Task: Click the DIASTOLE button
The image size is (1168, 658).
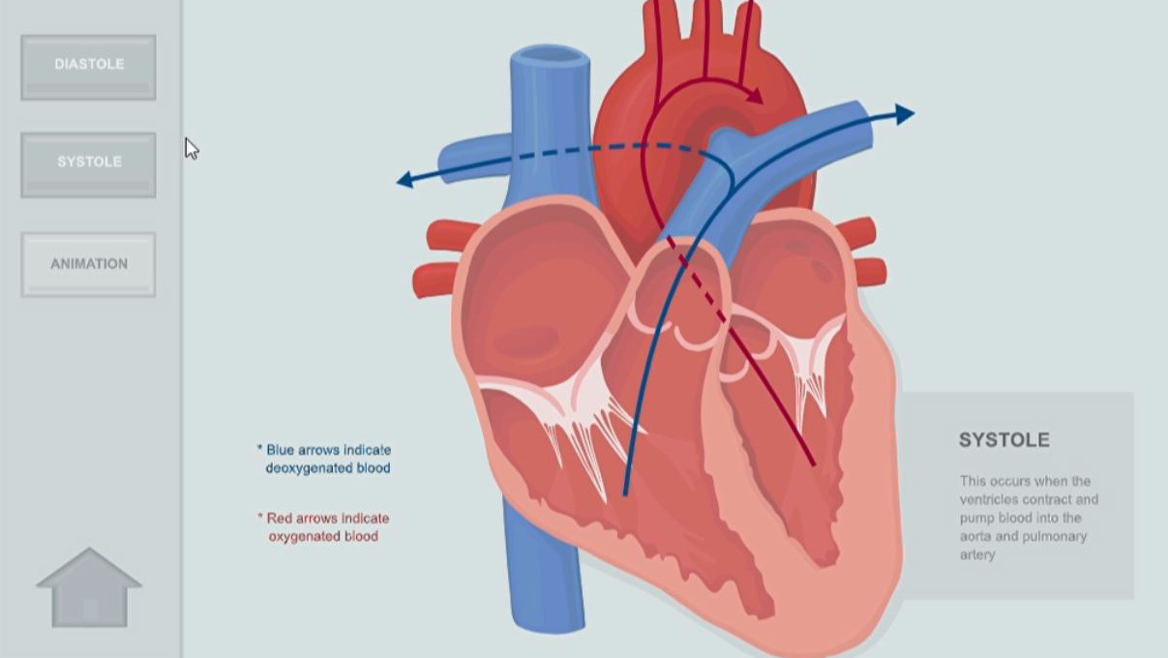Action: pos(88,66)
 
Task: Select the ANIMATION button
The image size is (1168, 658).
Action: pos(88,263)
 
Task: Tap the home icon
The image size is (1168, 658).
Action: pos(89,588)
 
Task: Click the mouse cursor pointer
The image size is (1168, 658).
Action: pos(191,148)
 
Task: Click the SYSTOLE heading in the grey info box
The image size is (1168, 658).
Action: pos(1003,440)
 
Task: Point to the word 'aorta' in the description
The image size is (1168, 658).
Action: pos(976,536)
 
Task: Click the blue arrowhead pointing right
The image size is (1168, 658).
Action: pos(904,114)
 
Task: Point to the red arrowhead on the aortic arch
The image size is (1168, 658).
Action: pos(754,96)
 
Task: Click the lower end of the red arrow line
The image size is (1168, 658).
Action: pos(813,464)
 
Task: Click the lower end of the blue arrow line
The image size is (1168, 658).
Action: pos(625,493)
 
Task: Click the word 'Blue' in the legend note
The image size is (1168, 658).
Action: pos(282,450)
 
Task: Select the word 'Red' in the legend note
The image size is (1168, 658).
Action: pos(279,519)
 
